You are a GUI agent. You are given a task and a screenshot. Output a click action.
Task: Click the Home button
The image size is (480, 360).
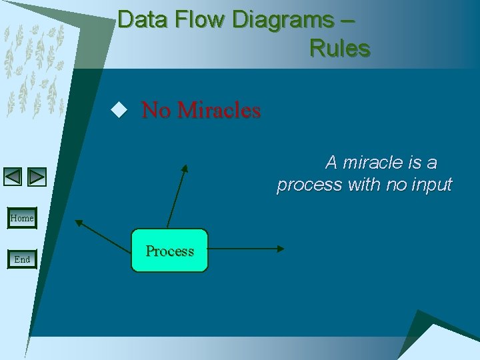(x=22, y=218)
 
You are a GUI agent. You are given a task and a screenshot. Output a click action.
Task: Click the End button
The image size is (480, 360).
(x=22, y=259)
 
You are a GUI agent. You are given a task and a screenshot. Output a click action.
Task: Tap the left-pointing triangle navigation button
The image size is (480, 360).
(x=13, y=177)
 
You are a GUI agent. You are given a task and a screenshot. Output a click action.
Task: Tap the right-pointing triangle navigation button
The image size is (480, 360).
(x=37, y=177)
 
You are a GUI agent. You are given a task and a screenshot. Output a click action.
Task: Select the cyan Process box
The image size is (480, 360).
(x=169, y=251)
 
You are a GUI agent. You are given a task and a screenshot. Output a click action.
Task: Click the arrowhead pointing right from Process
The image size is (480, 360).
(x=280, y=249)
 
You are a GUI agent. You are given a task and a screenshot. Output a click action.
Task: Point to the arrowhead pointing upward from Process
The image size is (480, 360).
(x=186, y=169)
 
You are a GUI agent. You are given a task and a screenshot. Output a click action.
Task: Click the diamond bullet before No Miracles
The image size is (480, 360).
(x=119, y=110)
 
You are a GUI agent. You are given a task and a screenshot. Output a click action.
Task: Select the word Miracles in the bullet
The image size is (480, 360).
(x=219, y=110)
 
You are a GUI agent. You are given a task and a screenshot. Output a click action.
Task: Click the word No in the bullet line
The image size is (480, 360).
(x=156, y=110)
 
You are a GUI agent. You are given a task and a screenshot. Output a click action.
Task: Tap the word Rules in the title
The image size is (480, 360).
(x=339, y=49)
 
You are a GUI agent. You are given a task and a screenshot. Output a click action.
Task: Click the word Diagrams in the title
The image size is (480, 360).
(x=282, y=20)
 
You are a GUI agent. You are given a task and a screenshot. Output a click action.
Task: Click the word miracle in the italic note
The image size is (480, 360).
(x=373, y=162)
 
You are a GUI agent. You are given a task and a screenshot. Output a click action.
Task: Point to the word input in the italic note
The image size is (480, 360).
(x=430, y=185)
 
